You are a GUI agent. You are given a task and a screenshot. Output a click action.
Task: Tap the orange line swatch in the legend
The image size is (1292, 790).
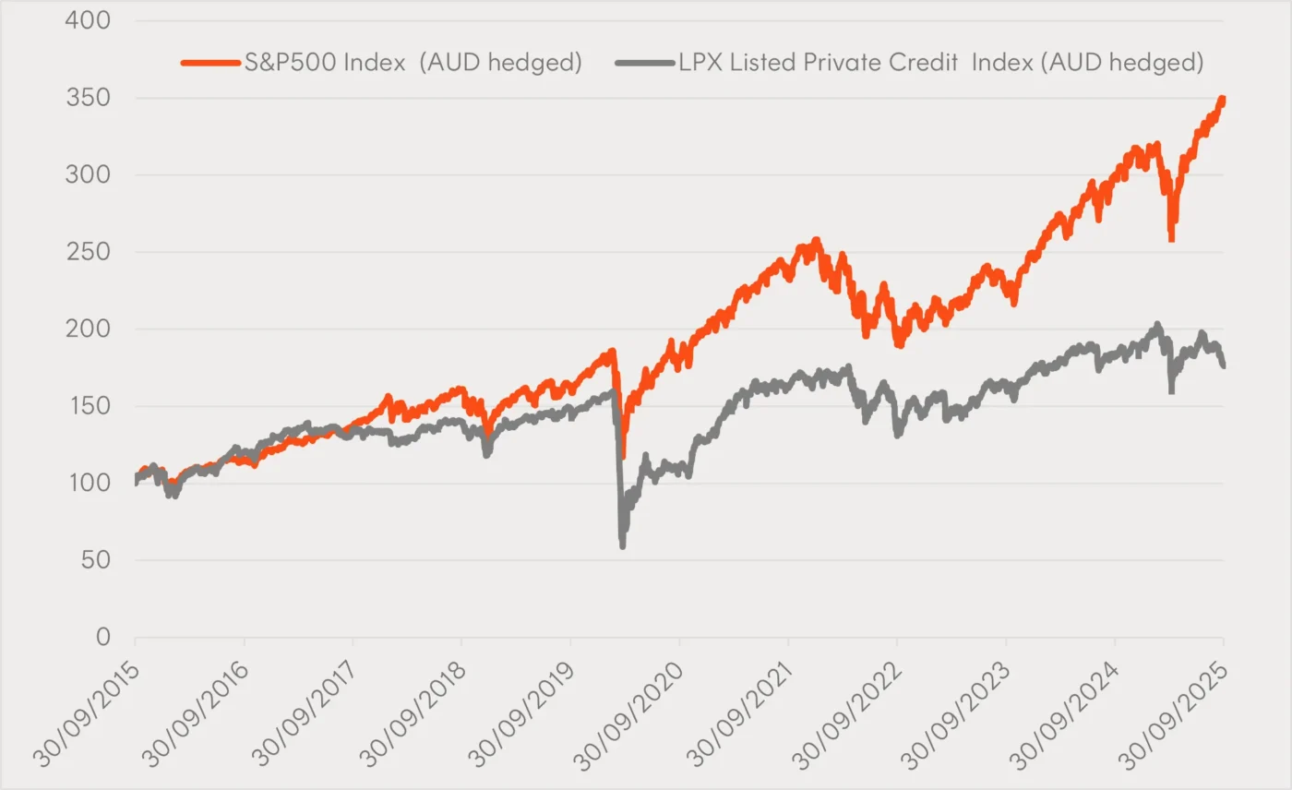pos(210,63)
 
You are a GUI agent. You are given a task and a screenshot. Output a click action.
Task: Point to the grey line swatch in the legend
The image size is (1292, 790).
pos(642,63)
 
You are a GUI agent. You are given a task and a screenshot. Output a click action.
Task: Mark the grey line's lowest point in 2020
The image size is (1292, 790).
pos(623,545)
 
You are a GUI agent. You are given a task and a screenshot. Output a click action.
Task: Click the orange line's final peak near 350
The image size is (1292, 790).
pos(1222,99)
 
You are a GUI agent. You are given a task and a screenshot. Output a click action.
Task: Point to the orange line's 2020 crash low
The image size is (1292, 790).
pos(624,456)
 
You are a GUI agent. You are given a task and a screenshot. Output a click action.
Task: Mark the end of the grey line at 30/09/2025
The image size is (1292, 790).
pos(1224,366)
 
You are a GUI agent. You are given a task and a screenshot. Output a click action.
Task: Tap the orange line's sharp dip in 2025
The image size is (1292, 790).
pos(1171,239)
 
